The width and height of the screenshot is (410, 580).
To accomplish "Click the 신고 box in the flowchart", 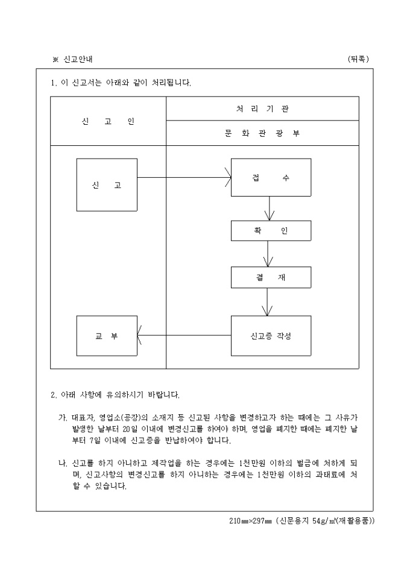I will click(107, 184).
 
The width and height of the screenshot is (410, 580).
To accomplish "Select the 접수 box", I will click(271, 178).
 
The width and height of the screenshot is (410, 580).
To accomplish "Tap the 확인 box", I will click(271, 231).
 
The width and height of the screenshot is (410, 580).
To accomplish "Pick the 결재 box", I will click(271, 277).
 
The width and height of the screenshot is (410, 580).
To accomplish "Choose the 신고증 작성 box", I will click(271, 335).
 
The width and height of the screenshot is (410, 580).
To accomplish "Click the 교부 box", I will click(107, 335).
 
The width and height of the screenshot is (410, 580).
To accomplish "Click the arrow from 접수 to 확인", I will click(271, 209).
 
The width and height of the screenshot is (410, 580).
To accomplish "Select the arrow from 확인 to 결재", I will click(271, 254).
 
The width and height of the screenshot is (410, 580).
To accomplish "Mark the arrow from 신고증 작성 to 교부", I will click(184, 335).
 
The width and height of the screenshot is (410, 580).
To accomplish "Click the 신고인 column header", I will click(108, 121).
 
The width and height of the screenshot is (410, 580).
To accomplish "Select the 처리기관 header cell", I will click(262, 109).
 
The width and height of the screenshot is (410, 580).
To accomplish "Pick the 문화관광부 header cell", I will click(262, 133).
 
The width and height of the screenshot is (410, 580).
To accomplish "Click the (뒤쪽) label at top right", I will click(358, 58).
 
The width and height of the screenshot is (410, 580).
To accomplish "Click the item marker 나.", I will click(61, 463).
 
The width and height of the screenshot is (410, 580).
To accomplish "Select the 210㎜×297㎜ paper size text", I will click(250, 520).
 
